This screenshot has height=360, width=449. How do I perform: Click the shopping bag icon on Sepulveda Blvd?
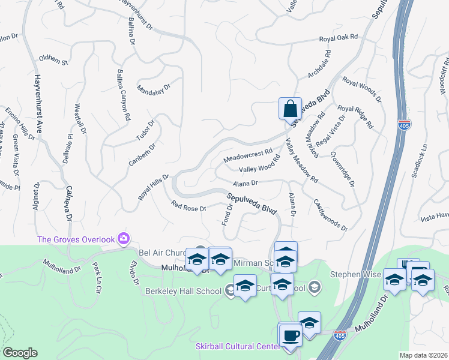coord(290,109)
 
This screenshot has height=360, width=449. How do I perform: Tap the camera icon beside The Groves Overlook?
coord(124,239)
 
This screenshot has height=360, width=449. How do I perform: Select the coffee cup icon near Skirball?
coord(291,335)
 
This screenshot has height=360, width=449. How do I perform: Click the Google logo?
coord(20,353)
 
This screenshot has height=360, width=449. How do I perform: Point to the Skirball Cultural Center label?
coord(237,347)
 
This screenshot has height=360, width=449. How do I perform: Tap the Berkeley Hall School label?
coord(183,292)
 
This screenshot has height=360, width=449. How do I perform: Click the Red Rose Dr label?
coord(188,207)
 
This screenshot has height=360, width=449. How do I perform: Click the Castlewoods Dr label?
coord(331,215)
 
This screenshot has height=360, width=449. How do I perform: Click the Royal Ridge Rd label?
coord(355,116)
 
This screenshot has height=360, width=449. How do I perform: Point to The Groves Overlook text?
coord(76,239)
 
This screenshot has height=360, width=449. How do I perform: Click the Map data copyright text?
coord(423,355)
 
